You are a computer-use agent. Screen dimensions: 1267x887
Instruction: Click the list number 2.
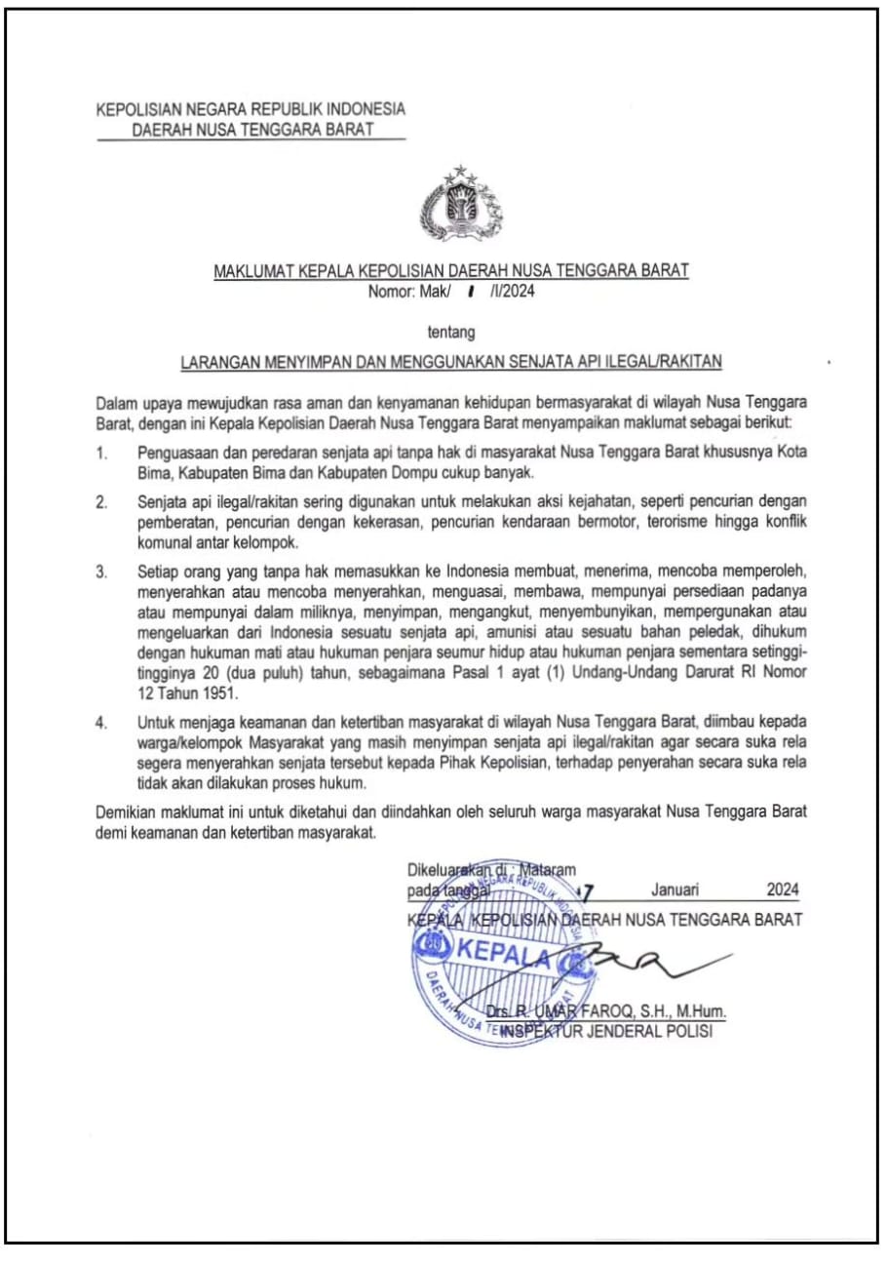pos(101,502)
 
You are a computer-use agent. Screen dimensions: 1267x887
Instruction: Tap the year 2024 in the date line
pos(782,890)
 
